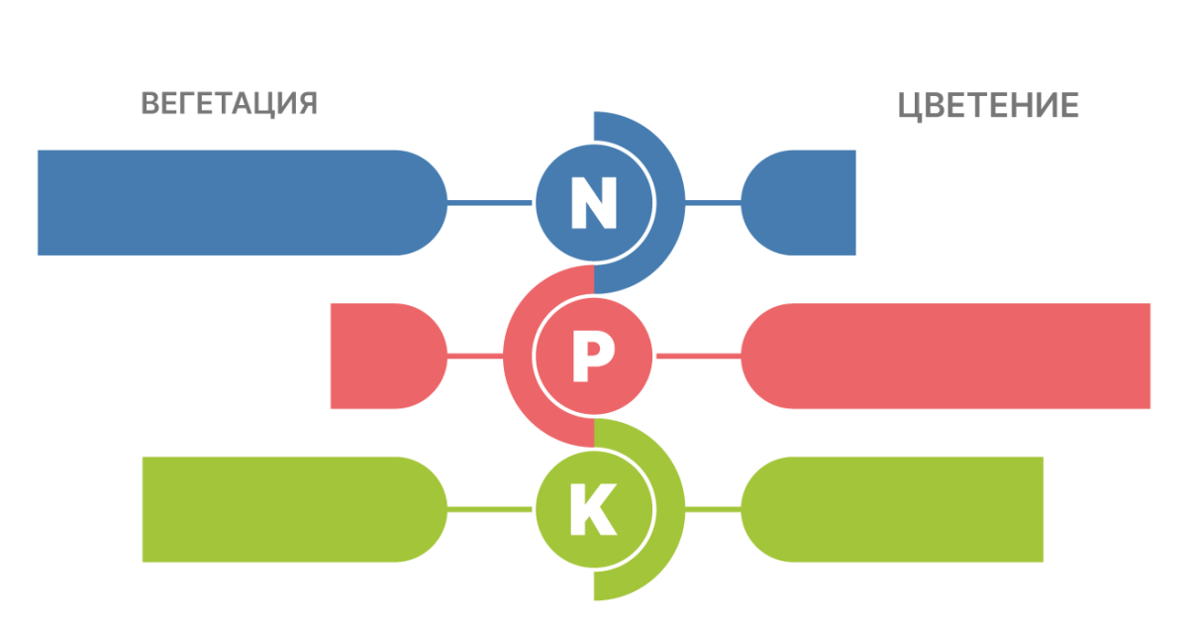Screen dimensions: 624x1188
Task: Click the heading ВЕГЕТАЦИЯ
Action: [x=229, y=104]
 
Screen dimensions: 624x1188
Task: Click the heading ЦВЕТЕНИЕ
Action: [x=988, y=106]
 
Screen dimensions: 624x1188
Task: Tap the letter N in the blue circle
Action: [x=594, y=203]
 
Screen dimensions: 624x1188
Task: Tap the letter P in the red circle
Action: [x=594, y=357]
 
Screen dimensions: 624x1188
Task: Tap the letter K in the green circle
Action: [x=594, y=510]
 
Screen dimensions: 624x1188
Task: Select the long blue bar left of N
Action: [x=238, y=203]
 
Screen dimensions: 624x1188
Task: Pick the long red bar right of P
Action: [x=945, y=357]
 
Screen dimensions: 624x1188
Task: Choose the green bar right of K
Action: [x=891, y=510]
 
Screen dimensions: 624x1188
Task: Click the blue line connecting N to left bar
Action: [x=490, y=203]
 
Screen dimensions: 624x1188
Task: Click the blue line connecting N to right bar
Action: [x=713, y=203]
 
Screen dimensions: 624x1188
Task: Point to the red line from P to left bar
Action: [x=475, y=357]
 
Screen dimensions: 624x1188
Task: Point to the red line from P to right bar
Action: [x=698, y=357]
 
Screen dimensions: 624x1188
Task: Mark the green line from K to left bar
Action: [x=490, y=510]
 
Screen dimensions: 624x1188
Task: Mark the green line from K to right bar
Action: [x=713, y=510]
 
